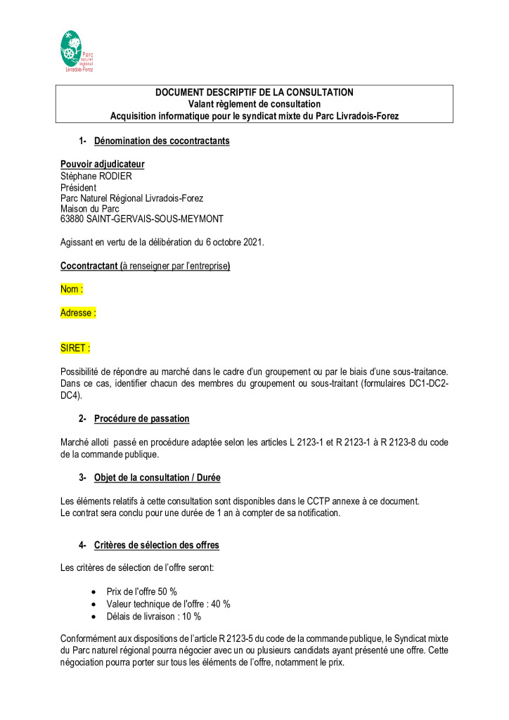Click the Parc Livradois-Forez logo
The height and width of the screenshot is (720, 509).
click(77, 51)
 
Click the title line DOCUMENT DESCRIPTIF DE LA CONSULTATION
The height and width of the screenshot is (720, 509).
click(254, 92)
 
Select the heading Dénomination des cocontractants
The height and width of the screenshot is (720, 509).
click(162, 141)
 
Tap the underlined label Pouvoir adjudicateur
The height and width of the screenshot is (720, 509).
click(103, 165)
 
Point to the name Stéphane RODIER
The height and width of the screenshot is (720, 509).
click(96, 176)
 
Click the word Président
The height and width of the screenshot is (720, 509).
click(79, 187)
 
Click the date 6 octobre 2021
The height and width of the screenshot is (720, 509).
click(229, 243)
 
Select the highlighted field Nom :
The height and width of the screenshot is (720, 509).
click(72, 289)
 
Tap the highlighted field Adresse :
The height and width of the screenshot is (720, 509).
click(78, 313)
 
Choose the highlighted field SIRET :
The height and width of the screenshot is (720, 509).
click(75, 348)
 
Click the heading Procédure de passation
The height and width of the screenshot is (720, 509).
click(141, 418)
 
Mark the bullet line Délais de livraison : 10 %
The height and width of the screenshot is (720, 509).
click(153, 617)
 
